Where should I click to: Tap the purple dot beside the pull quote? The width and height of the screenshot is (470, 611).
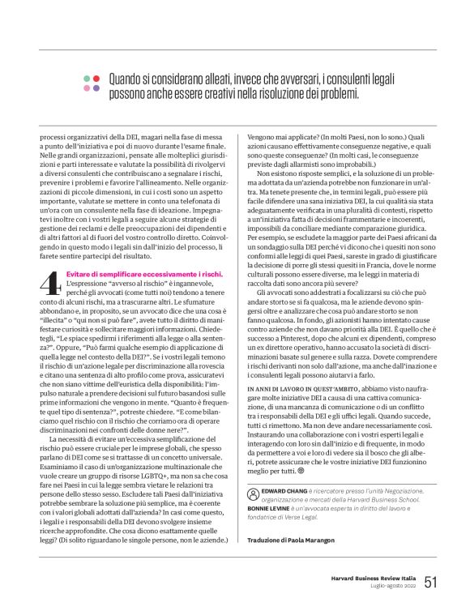pyautogui.click(x=96, y=88)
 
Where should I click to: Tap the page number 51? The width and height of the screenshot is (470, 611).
pyautogui.click(x=430, y=581)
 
